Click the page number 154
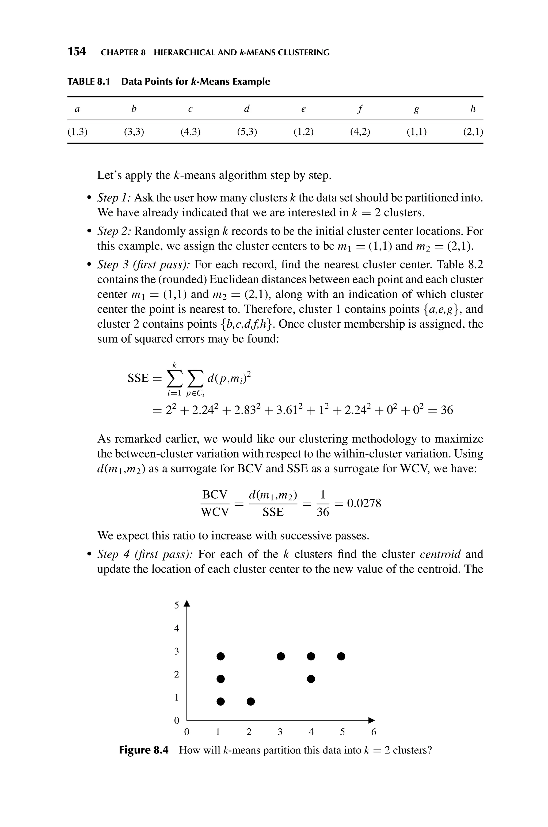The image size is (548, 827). [77, 52]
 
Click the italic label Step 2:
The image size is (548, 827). [114, 231]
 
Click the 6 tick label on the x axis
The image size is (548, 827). [374, 732]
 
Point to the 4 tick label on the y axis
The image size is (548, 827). [177, 628]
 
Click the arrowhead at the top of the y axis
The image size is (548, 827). [187, 603]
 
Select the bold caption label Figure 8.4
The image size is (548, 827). [144, 750]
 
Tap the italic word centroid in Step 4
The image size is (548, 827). [440, 554]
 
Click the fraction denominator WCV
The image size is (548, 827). [215, 512]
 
